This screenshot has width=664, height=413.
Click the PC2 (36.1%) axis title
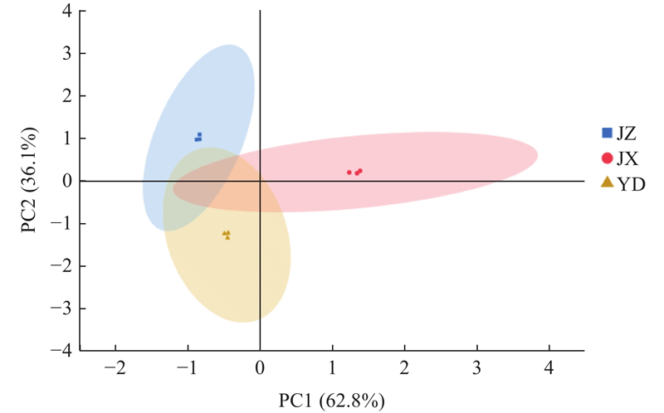click(32, 182)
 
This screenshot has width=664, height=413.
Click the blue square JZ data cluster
click(198, 137)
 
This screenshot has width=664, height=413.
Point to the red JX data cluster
click(355, 172)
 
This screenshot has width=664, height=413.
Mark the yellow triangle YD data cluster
click(227, 235)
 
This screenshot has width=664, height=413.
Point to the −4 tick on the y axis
click(63, 351)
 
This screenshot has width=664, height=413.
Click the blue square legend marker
click(607, 132)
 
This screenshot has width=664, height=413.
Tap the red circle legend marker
click(607, 158)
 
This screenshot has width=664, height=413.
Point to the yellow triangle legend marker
click(607, 182)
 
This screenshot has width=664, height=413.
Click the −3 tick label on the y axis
click(63, 309)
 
